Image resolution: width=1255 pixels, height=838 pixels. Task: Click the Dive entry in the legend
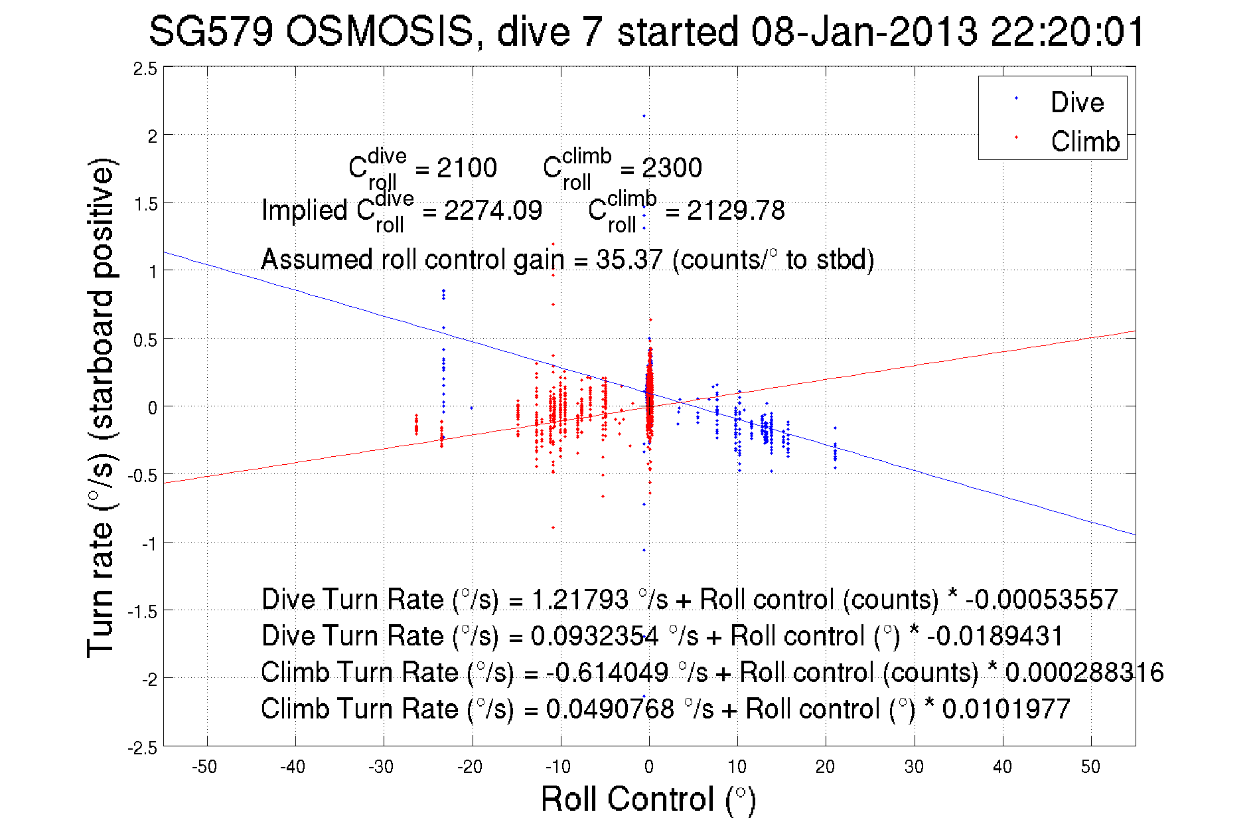click(x=1076, y=102)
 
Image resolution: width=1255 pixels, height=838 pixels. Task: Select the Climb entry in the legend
click(x=1084, y=141)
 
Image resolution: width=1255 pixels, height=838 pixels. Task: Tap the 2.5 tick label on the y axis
click(x=145, y=69)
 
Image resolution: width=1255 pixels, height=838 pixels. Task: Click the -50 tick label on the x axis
click(x=204, y=767)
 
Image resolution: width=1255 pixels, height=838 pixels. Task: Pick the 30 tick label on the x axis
click(x=914, y=767)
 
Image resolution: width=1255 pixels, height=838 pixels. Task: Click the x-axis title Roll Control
click(x=648, y=799)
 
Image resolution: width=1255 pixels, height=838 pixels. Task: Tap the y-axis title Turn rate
click(x=101, y=408)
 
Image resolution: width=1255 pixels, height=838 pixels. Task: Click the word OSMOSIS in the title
click(x=380, y=31)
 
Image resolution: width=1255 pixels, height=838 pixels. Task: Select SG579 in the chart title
click(x=210, y=31)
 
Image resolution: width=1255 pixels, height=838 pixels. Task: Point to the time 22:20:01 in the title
click(x=1068, y=31)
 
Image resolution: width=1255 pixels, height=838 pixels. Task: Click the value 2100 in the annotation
click(x=467, y=168)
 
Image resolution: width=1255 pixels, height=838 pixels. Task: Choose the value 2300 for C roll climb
click(x=672, y=168)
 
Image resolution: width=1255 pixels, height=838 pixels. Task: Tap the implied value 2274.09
click(x=492, y=210)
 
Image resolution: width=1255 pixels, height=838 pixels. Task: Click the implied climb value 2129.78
click(x=735, y=210)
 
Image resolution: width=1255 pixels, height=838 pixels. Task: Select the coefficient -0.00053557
click(x=1042, y=600)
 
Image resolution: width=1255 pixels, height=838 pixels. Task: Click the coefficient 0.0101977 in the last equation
click(x=1006, y=709)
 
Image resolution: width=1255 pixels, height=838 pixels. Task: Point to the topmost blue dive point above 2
click(x=644, y=116)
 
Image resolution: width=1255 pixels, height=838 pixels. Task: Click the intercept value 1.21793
click(x=580, y=600)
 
